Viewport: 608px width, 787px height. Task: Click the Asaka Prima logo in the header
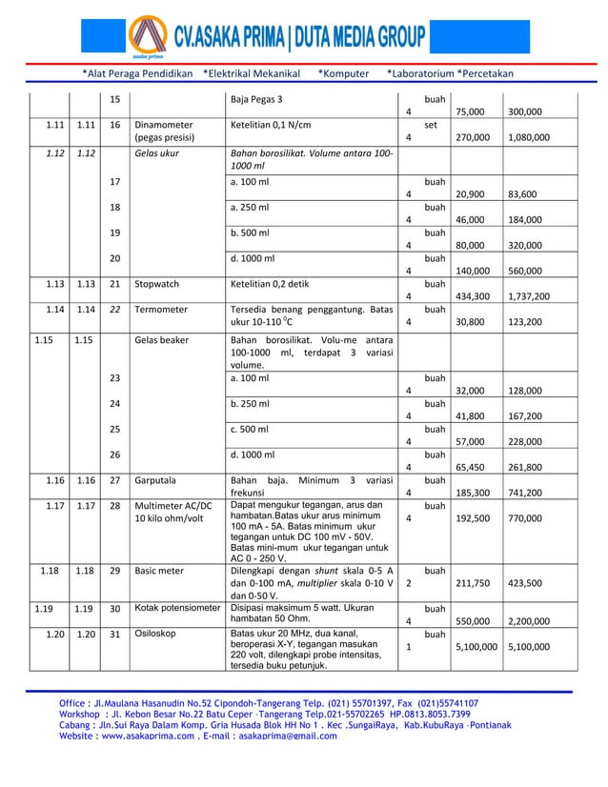(152, 39)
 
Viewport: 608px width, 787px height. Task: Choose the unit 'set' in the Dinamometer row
(431, 124)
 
